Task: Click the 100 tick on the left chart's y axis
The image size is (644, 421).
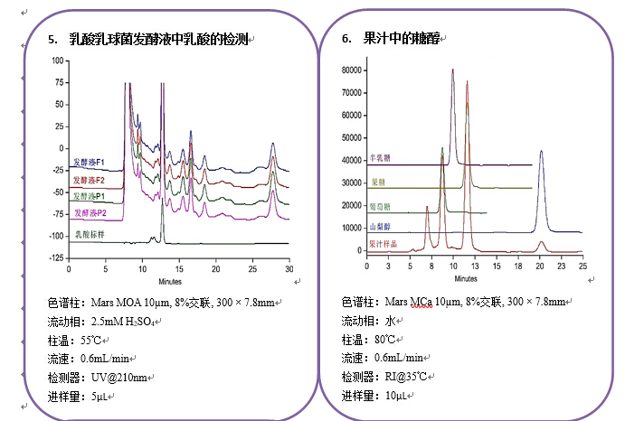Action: pyautogui.click(x=57, y=61)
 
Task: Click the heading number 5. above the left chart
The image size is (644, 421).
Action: pyautogui.click(x=52, y=39)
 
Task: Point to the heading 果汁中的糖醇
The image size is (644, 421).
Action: pyautogui.click(x=395, y=39)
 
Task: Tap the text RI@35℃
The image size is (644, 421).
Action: pyautogui.click(x=405, y=377)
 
